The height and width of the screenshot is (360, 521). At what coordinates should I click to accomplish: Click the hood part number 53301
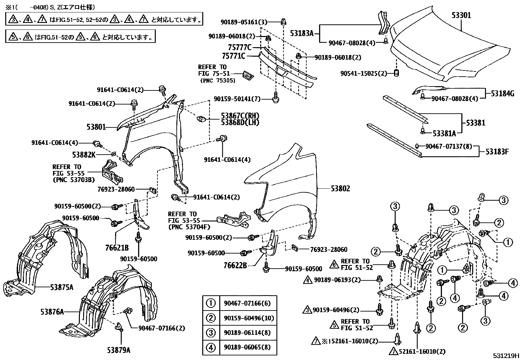click(x=461, y=15)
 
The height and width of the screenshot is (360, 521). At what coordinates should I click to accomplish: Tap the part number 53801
click(x=96, y=127)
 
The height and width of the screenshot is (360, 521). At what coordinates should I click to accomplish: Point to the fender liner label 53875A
click(x=62, y=287)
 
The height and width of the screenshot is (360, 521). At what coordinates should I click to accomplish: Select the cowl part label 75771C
click(x=234, y=56)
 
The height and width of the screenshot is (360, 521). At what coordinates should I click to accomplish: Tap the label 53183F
click(x=497, y=152)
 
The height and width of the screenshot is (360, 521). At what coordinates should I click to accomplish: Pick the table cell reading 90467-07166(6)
click(x=247, y=303)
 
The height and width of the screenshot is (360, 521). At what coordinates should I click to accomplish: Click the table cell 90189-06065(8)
click(x=247, y=347)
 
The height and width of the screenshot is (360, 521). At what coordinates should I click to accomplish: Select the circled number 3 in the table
click(x=211, y=332)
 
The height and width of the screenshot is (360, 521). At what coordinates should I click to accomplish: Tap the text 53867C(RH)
click(x=240, y=116)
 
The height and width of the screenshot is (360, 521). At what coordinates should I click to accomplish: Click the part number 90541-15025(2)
click(x=364, y=74)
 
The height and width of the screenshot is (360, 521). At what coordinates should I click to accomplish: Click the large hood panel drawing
click(x=452, y=52)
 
